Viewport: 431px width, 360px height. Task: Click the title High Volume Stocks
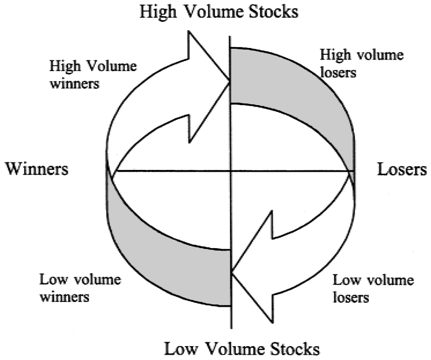pos(218,12)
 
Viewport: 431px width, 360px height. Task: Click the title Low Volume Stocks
pos(242,348)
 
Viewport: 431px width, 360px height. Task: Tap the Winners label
pos(37,169)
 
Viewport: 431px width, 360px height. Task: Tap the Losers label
pos(402,169)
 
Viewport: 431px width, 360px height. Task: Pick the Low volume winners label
pos(80,288)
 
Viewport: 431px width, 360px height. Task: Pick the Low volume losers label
pos(373,288)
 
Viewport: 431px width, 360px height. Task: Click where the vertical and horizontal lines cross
pos(231,171)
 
